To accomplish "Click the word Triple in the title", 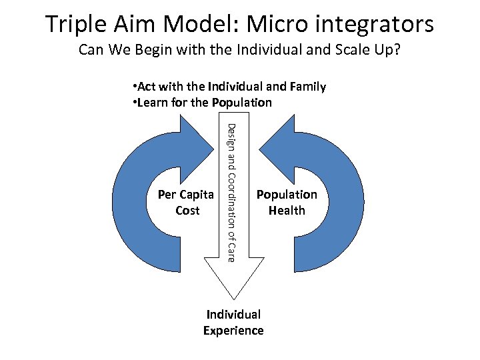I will pyautogui.click(x=75, y=25).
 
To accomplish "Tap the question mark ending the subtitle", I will pyautogui.click(x=397, y=50).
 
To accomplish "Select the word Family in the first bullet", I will pyautogui.click(x=305, y=87).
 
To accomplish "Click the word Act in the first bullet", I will pyautogui.click(x=147, y=87).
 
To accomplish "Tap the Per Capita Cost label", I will pyautogui.click(x=186, y=203).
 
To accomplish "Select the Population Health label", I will pyautogui.click(x=287, y=203).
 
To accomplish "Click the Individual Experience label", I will pyautogui.click(x=233, y=322).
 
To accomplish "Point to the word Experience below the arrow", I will pyautogui.click(x=233, y=331).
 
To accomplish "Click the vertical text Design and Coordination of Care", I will pyautogui.click(x=231, y=192).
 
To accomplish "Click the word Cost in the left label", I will pyautogui.click(x=187, y=211).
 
